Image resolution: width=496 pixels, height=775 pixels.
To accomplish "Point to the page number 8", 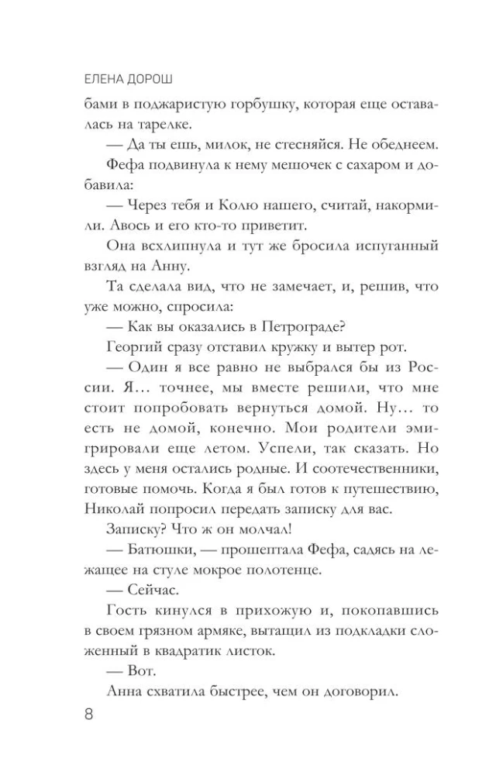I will coord(88,714).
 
